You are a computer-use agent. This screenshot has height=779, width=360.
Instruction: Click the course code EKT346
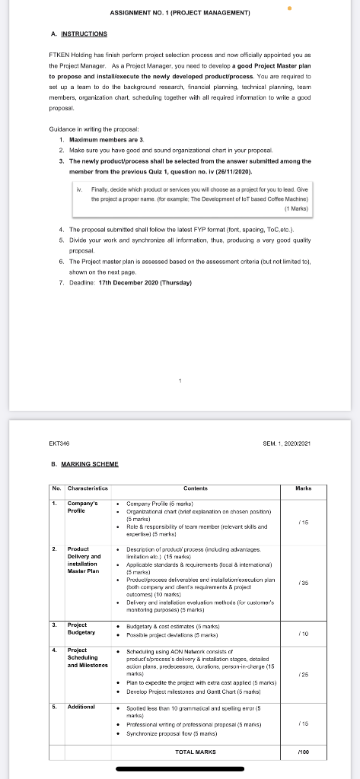pos(59,443)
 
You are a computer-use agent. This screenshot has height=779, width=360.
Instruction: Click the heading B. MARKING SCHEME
pos(85,463)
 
